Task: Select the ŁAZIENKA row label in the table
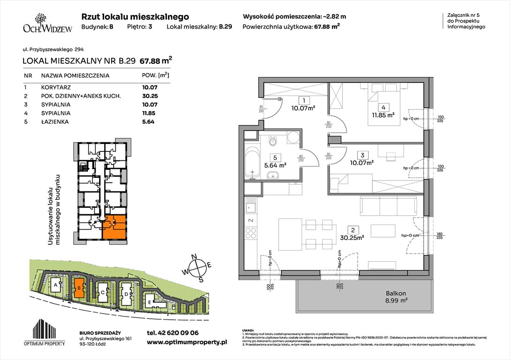pos(55,122)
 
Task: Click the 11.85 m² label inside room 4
pos(383,113)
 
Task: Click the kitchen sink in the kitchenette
pos(251,206)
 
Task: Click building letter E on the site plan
pos(149,302)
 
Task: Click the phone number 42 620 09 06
pos(172,332)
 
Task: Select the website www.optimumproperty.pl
pos(187,343)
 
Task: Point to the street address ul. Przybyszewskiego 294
pos(53,49)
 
